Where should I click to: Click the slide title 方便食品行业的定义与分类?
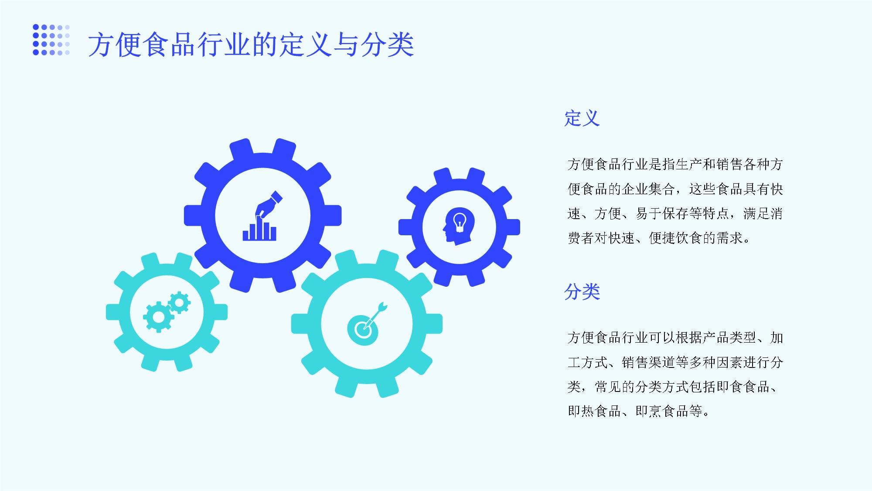(251, 45)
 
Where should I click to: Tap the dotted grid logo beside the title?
(51, 40)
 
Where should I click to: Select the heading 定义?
(582, 118)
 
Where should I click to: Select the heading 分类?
(582, 292)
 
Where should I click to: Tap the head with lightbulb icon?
(458, 226)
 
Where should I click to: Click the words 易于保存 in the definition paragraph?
(662, 213)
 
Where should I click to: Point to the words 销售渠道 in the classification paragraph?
(648, 362)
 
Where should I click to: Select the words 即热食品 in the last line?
(594, 411)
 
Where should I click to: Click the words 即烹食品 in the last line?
(662, 411)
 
